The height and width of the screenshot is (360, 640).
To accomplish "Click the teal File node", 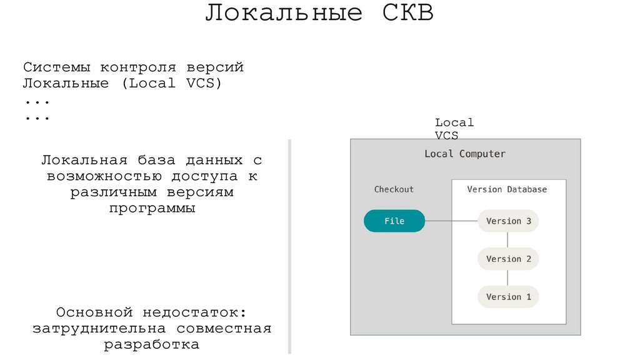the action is [x=394, y=221].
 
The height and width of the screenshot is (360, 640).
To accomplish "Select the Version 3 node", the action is [x=508, y=221].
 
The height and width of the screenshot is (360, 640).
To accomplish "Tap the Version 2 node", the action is [x=508, y=259].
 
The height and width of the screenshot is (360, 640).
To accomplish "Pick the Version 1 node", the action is [x=508, y=297].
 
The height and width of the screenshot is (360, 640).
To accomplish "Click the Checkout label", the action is [x=394, y=189].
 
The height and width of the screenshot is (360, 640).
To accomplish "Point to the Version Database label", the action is [x=507, y=189].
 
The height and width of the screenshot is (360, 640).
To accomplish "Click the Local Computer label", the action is [x=465, y=154].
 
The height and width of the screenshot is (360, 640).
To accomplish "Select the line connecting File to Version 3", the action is [x=451, y=221].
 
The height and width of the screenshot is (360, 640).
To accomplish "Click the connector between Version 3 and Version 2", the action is [x=508, y=240].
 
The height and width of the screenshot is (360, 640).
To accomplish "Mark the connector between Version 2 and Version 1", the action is [x=508, y=278].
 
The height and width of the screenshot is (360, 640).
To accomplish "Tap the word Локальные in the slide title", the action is [x=284, y=14].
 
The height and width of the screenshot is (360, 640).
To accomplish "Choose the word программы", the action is [x=152, y=209].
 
